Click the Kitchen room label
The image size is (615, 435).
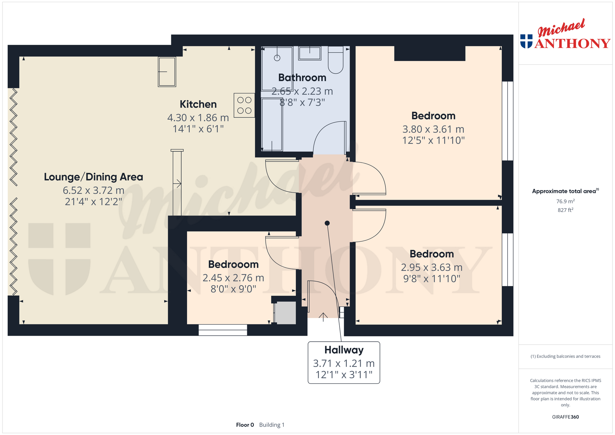(198, 104)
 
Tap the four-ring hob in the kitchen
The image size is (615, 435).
(244, 105)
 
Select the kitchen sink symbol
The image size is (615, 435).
(167, 72)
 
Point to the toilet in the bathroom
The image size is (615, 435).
(336, 60)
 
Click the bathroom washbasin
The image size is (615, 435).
(309, 53)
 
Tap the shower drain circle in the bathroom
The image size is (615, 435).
(277, 58)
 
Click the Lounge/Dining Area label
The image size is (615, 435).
(94, 177)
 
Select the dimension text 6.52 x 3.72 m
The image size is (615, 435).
(94, 190)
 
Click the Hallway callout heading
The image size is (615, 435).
(344, 350)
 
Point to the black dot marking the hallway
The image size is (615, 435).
(327, 223)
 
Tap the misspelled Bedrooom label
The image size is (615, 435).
(233, 264)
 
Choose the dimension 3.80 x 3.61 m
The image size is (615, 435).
(433, 129)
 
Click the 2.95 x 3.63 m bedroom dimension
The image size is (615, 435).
(432, 267)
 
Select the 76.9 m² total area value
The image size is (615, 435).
(565, 201)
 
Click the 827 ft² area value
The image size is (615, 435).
(565, 210)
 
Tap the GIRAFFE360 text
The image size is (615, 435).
(565, 417)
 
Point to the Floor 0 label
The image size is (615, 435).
(245, 425)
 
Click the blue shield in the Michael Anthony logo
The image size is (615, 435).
(526, 41)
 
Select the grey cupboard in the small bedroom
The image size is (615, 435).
(285, 313)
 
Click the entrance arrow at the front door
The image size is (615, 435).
(323, 317)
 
